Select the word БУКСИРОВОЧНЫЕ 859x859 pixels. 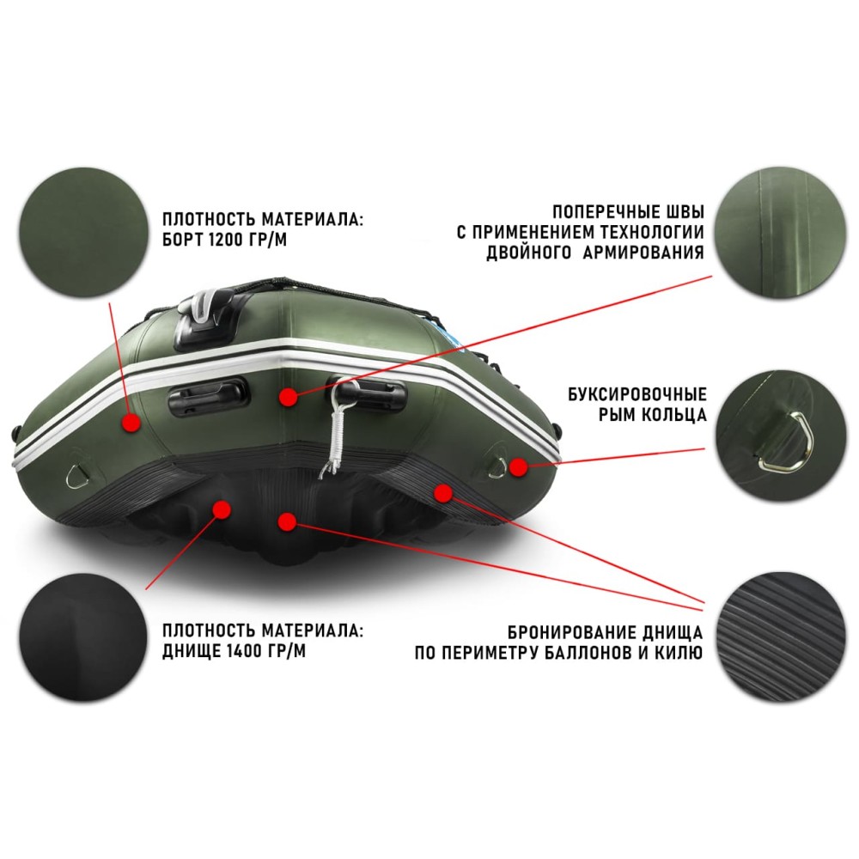(x=637, y=395)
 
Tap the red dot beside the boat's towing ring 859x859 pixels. (x=517, y=466)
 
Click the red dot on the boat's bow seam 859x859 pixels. (x=288, y=397)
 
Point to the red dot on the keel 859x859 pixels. (x=287, y=521)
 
